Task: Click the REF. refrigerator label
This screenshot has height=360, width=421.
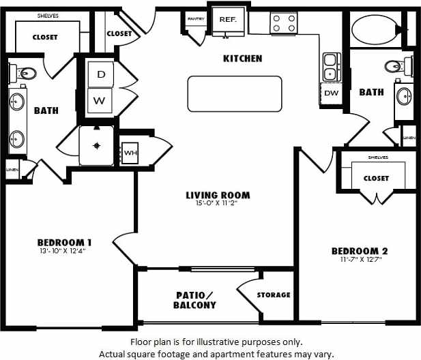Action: pos(227,20)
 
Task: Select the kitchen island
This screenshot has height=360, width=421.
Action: pos(235,93)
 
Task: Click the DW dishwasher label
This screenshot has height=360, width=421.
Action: pos(331,93)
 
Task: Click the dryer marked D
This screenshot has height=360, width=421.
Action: pos(100,74)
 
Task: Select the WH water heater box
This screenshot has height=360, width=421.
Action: pos(130,152)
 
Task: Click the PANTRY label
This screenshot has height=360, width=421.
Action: pos(196,18)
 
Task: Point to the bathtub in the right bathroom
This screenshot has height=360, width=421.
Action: pos(374,29)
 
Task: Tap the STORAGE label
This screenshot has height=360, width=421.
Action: pos(274,295)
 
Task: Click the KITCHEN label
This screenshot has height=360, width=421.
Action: pos(242,59)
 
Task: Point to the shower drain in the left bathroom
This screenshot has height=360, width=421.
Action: pos(97,145)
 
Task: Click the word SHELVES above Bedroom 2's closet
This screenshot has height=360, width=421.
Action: pos(377,157)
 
